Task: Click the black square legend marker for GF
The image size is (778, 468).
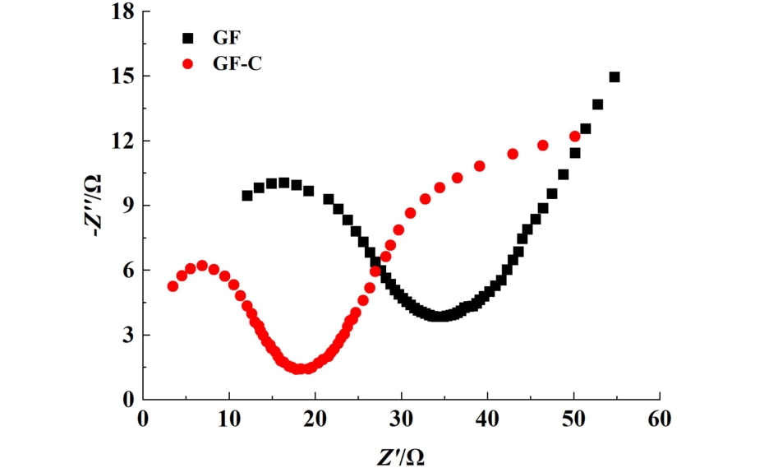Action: (188, 38)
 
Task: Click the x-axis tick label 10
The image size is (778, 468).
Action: (229, 419)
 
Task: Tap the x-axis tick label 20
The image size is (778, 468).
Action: (315, 419)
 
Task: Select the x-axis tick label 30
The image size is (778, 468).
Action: (402, 419)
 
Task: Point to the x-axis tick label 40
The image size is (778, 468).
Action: (488, 419)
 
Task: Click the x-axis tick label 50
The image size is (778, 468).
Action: (573, 419)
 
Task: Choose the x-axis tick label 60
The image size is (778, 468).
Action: (660, 419)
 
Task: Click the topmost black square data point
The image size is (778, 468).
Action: (614, 77)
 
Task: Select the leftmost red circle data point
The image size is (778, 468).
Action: (173, 286)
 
